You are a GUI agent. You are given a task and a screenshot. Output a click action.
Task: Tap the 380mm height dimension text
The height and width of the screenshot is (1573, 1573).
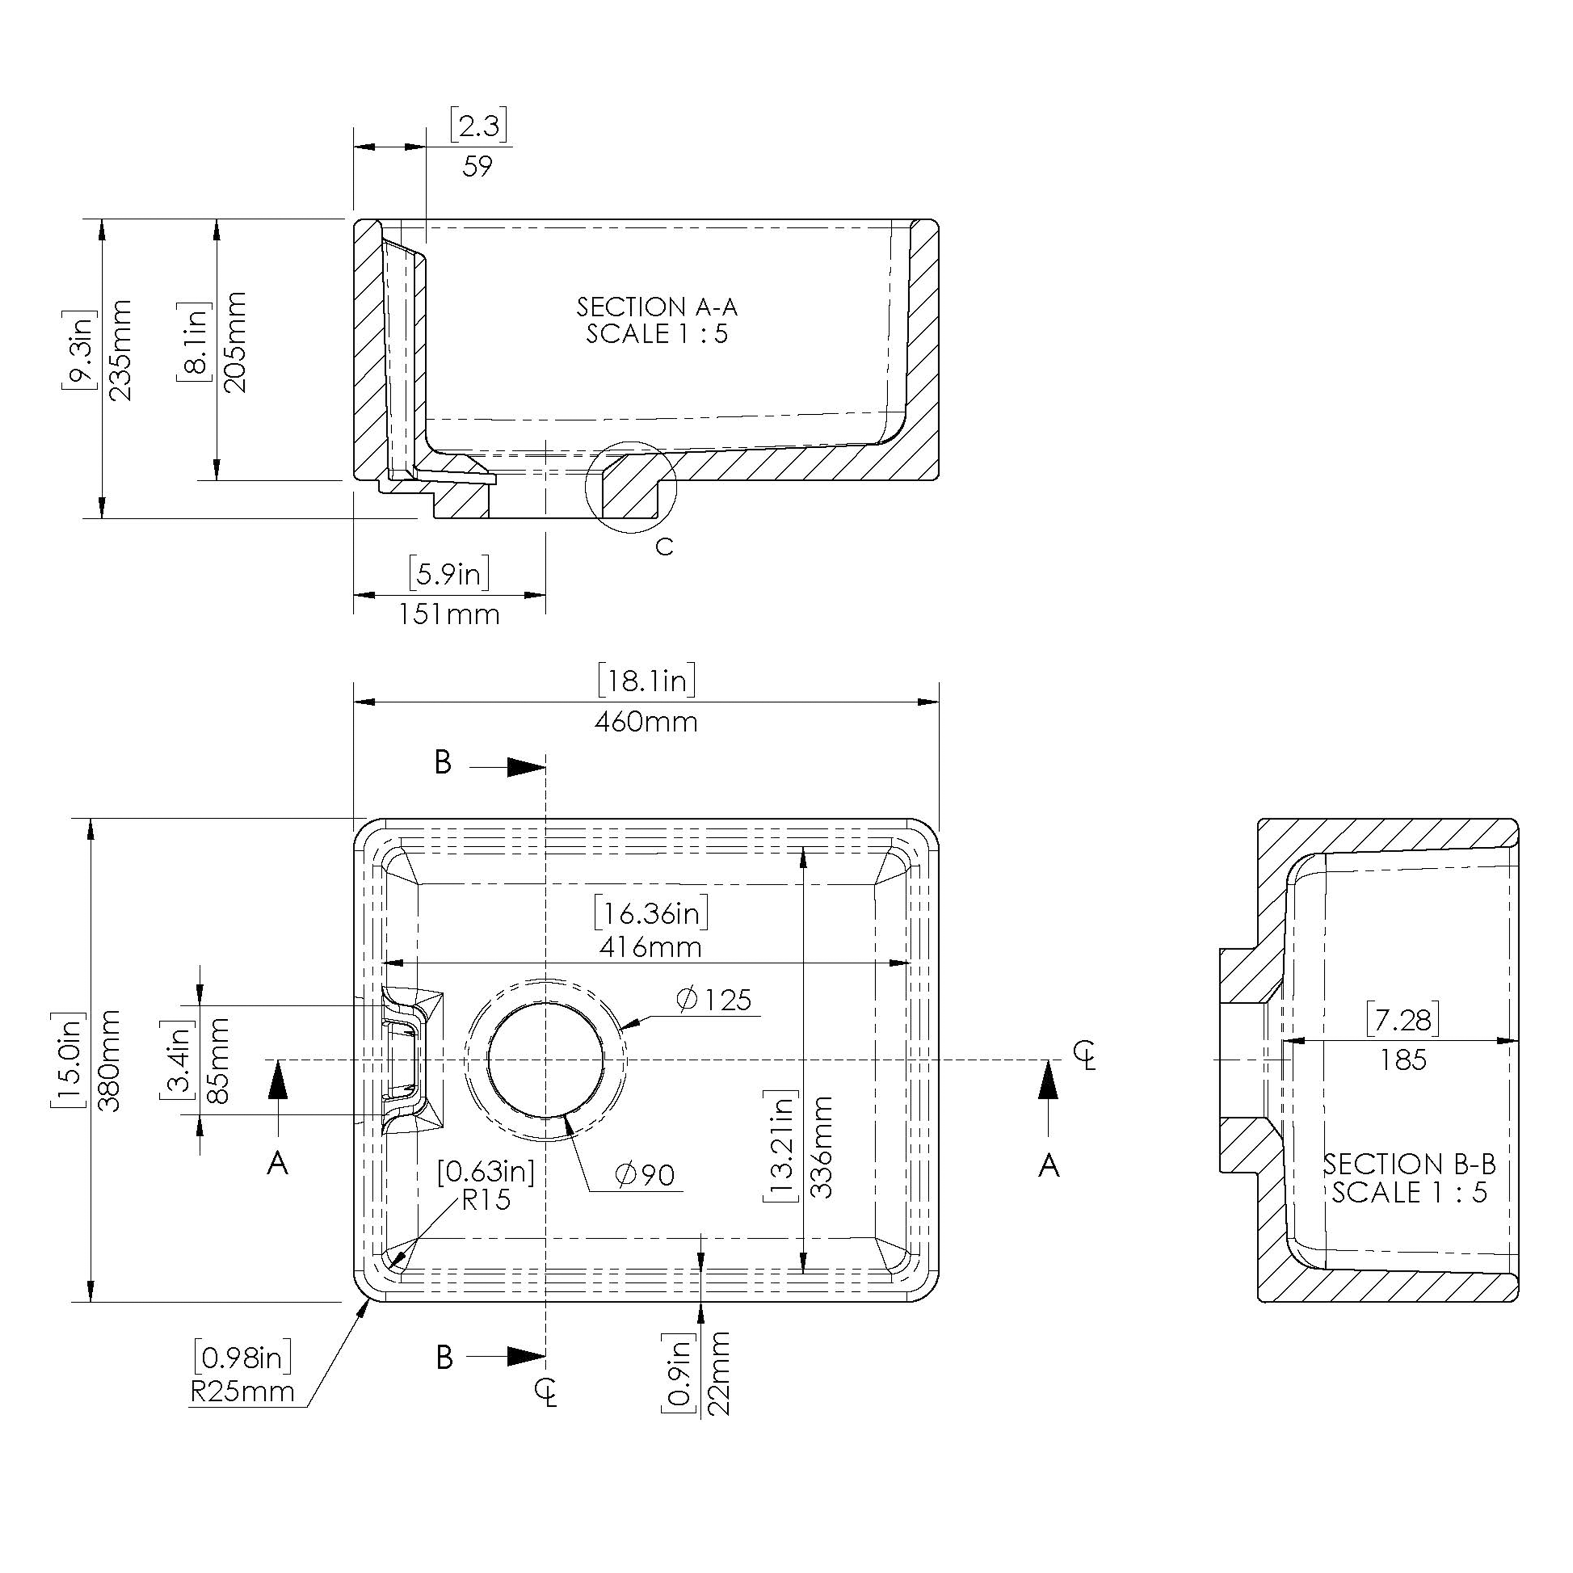click(109, 1061)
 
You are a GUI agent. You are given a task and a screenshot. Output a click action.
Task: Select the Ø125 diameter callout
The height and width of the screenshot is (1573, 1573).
click(714, 999)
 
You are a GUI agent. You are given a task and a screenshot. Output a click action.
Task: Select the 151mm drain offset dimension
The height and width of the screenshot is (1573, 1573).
click(449, 614)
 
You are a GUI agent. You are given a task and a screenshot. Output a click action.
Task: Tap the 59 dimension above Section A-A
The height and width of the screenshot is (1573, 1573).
click(477, 166)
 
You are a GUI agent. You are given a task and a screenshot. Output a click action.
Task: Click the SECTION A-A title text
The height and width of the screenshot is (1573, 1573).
click(657, 307)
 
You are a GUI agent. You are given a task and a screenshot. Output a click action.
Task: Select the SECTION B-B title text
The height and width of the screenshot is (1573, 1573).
click(1409, 1164)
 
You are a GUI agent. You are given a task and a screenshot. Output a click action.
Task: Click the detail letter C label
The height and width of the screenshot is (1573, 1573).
click(664, 547)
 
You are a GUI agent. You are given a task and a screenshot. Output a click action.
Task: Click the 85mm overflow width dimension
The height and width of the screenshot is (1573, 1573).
click(218, 1061)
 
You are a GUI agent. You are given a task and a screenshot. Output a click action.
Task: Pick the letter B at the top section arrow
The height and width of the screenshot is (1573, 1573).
click(443, 763)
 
